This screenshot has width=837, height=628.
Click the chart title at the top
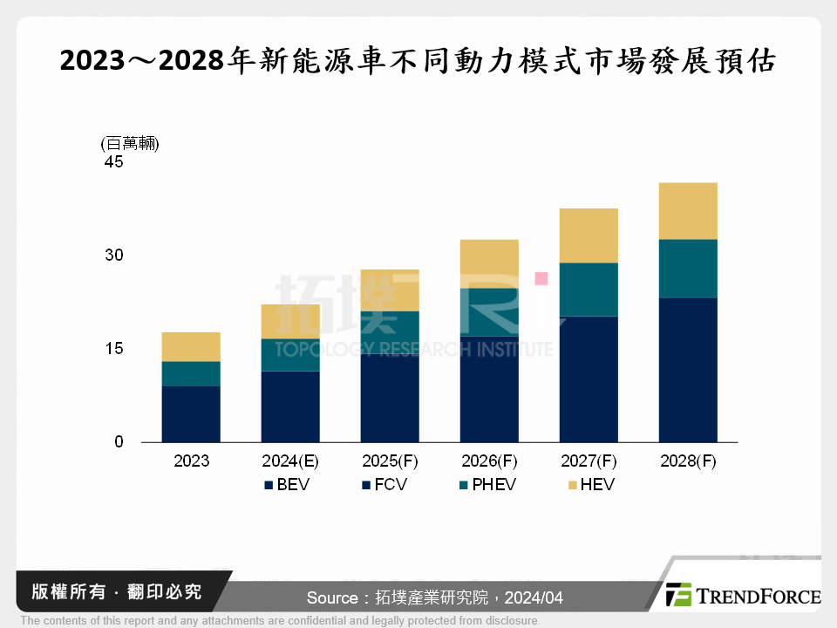click(x=418, y=62)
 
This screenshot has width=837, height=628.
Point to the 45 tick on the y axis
click(x=114, y=163)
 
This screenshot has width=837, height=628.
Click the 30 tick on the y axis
click(x=114, y=256)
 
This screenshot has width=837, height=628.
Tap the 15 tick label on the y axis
click(x=114, y=349)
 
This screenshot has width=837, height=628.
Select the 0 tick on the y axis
click(x=119, y=442)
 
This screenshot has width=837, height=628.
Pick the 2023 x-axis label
click(x=191, y=461)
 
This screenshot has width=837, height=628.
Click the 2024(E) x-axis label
click(x=290, y=461)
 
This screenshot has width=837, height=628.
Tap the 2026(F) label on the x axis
click(x=489, y=461)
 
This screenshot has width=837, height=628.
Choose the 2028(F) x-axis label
click(x=688, y=461)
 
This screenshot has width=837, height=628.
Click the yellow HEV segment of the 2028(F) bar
click(x=688, y=210)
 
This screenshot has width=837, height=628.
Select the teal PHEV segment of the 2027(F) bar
click(x=589, y=289)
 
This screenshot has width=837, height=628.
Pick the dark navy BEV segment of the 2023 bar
click(x=191, y=413)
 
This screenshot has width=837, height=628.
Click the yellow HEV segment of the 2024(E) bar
click(x=290, y=321)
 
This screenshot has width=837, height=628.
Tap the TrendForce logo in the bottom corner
click(x=742, y=596)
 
